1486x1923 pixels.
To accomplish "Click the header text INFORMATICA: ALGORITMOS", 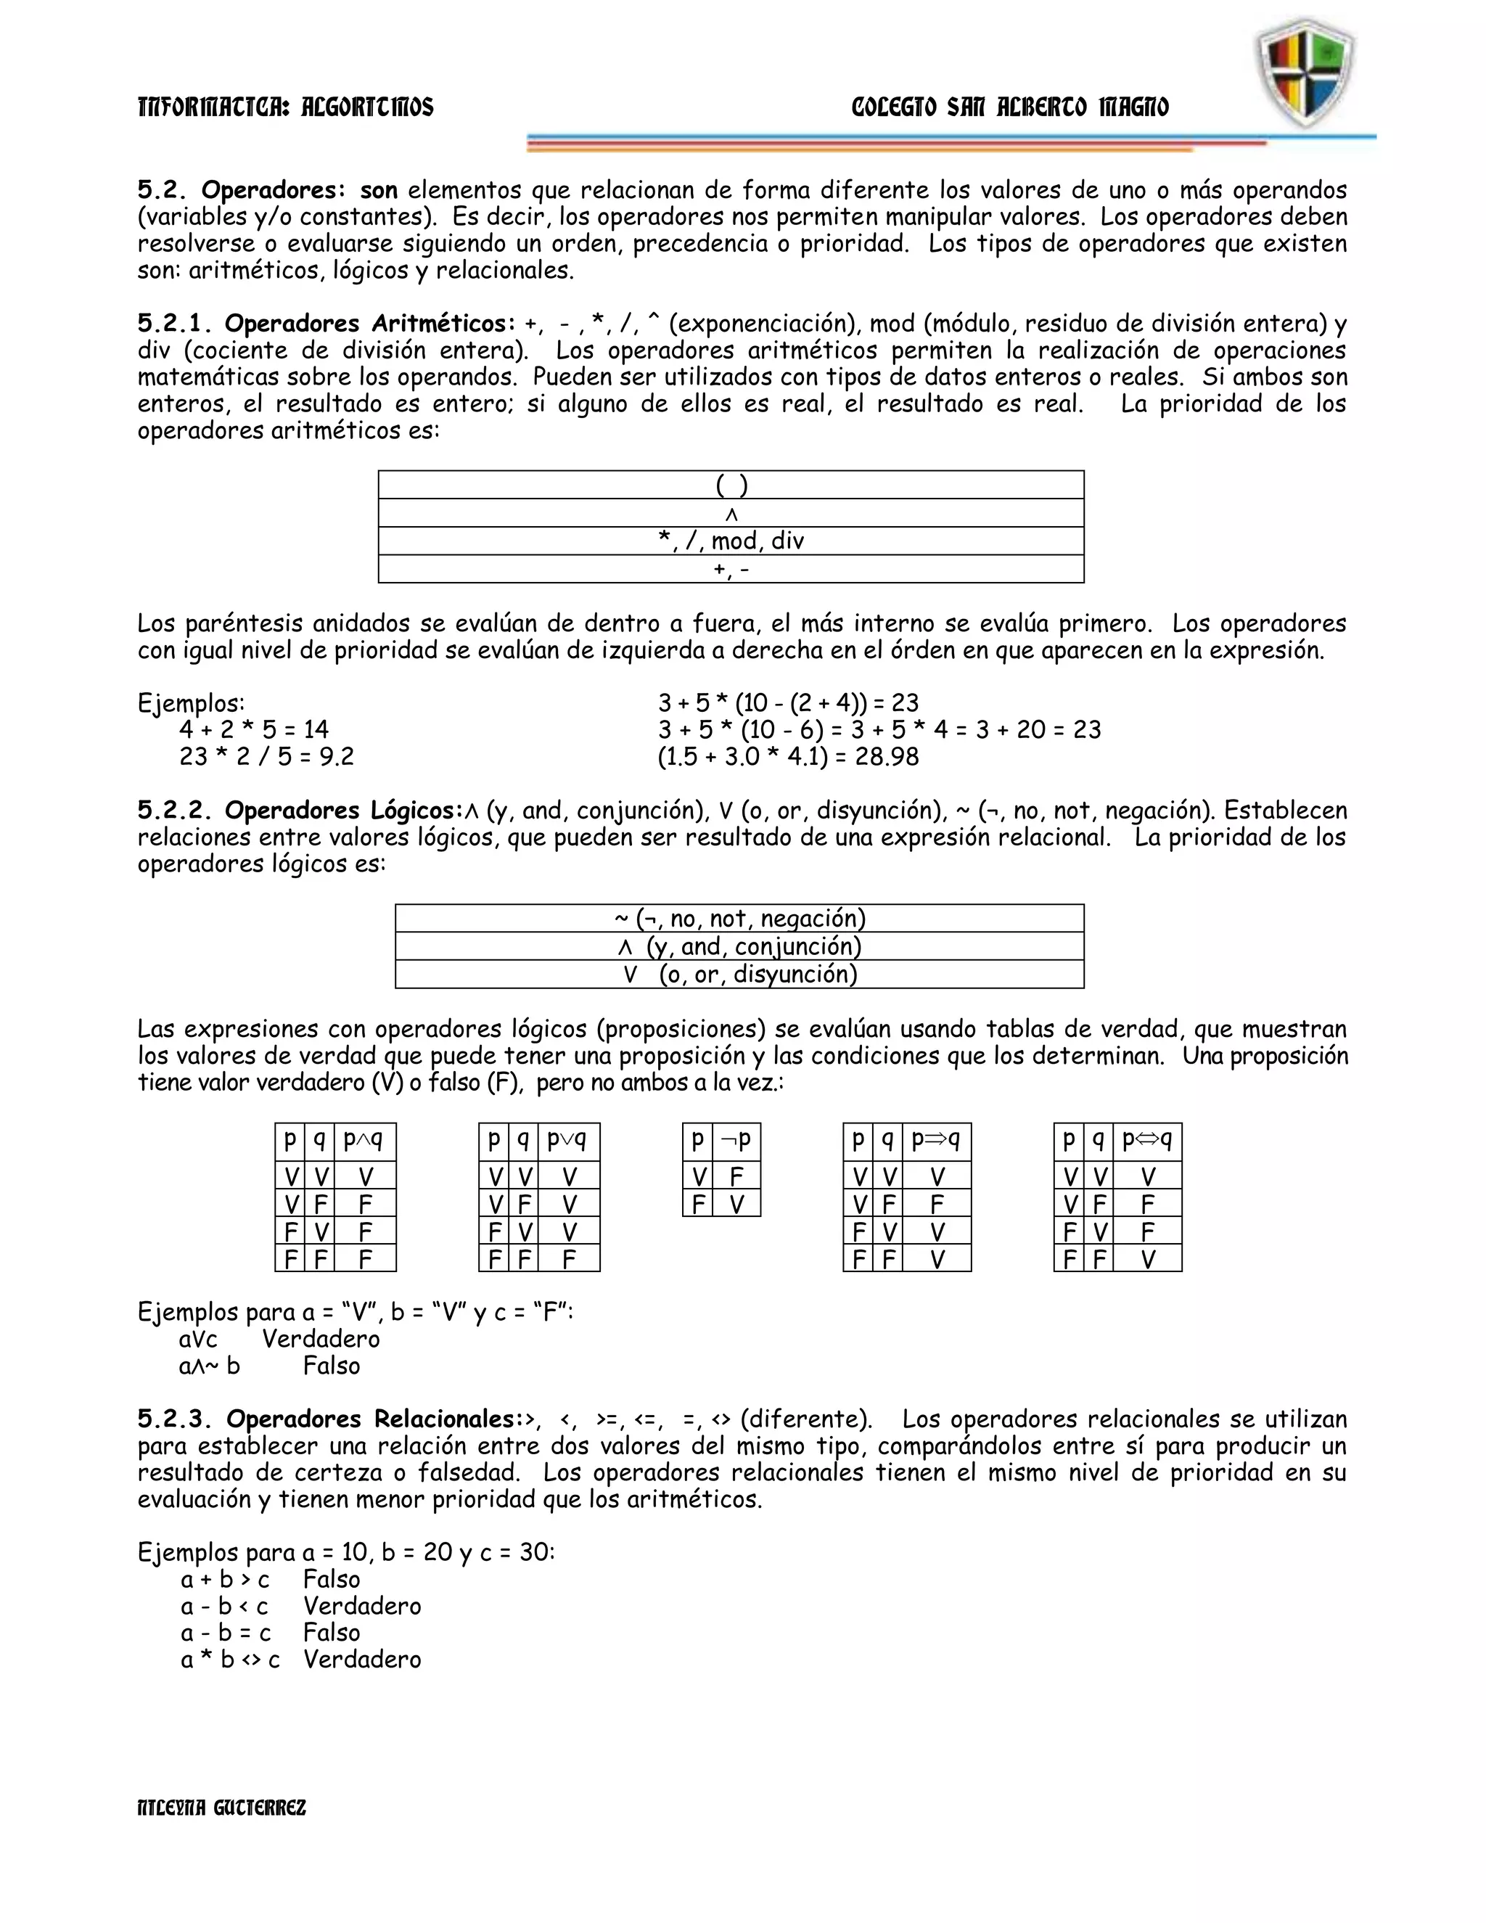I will (x=286, y=107).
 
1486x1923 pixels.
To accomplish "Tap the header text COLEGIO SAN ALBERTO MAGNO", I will (x=1010, y=107).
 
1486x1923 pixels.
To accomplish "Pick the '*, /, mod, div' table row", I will (x=731, y=541).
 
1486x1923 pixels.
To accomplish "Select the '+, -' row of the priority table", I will (x=731, y=569).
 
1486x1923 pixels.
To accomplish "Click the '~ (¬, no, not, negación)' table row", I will (x=739, y=919).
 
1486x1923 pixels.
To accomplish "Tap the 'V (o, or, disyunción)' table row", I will (x=739, y=974).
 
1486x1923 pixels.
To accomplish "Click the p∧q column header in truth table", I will (x=364, y=1141).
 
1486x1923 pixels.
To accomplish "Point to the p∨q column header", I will (x=567, y=1141).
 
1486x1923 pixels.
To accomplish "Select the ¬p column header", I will (x=736, y=1141).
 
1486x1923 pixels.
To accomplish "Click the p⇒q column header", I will (x=936, y=1141).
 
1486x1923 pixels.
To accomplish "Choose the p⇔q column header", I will (x=1147, y=1141).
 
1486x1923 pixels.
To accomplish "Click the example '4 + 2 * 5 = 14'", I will (x=253, y=729).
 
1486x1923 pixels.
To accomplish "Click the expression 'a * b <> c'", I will (x=231, y=1660).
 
